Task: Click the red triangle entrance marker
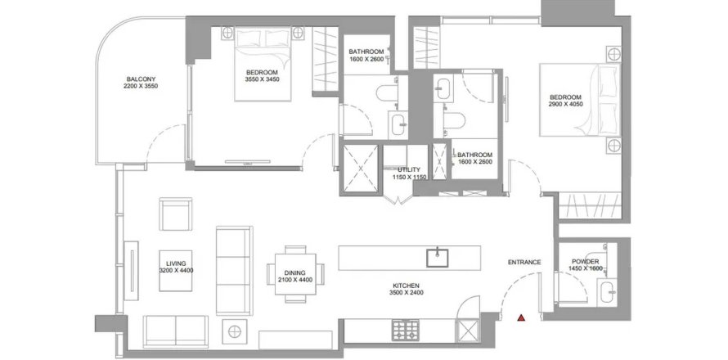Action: [521, 317]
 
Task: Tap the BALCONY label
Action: [141, 79]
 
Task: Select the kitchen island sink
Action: [438, 258]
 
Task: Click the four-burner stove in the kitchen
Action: [406, 331]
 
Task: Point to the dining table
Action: [295, 274]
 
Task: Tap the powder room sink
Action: [607, 292]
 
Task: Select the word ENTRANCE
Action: [524, 262]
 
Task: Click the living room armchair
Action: [176, 214]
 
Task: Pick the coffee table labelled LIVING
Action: [176, 271]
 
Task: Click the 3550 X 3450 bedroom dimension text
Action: [262, 79]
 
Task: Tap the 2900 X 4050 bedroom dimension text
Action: [565, 105]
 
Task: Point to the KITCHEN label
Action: [407, 286]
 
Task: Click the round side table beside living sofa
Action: [235, 331]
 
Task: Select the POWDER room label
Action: [586, 262]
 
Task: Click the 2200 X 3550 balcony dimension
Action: [141, 86]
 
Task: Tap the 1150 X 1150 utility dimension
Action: [409, 177]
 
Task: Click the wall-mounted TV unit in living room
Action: [131, 273]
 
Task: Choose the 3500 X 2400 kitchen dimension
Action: [407, 293]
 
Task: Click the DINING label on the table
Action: [294, 272]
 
